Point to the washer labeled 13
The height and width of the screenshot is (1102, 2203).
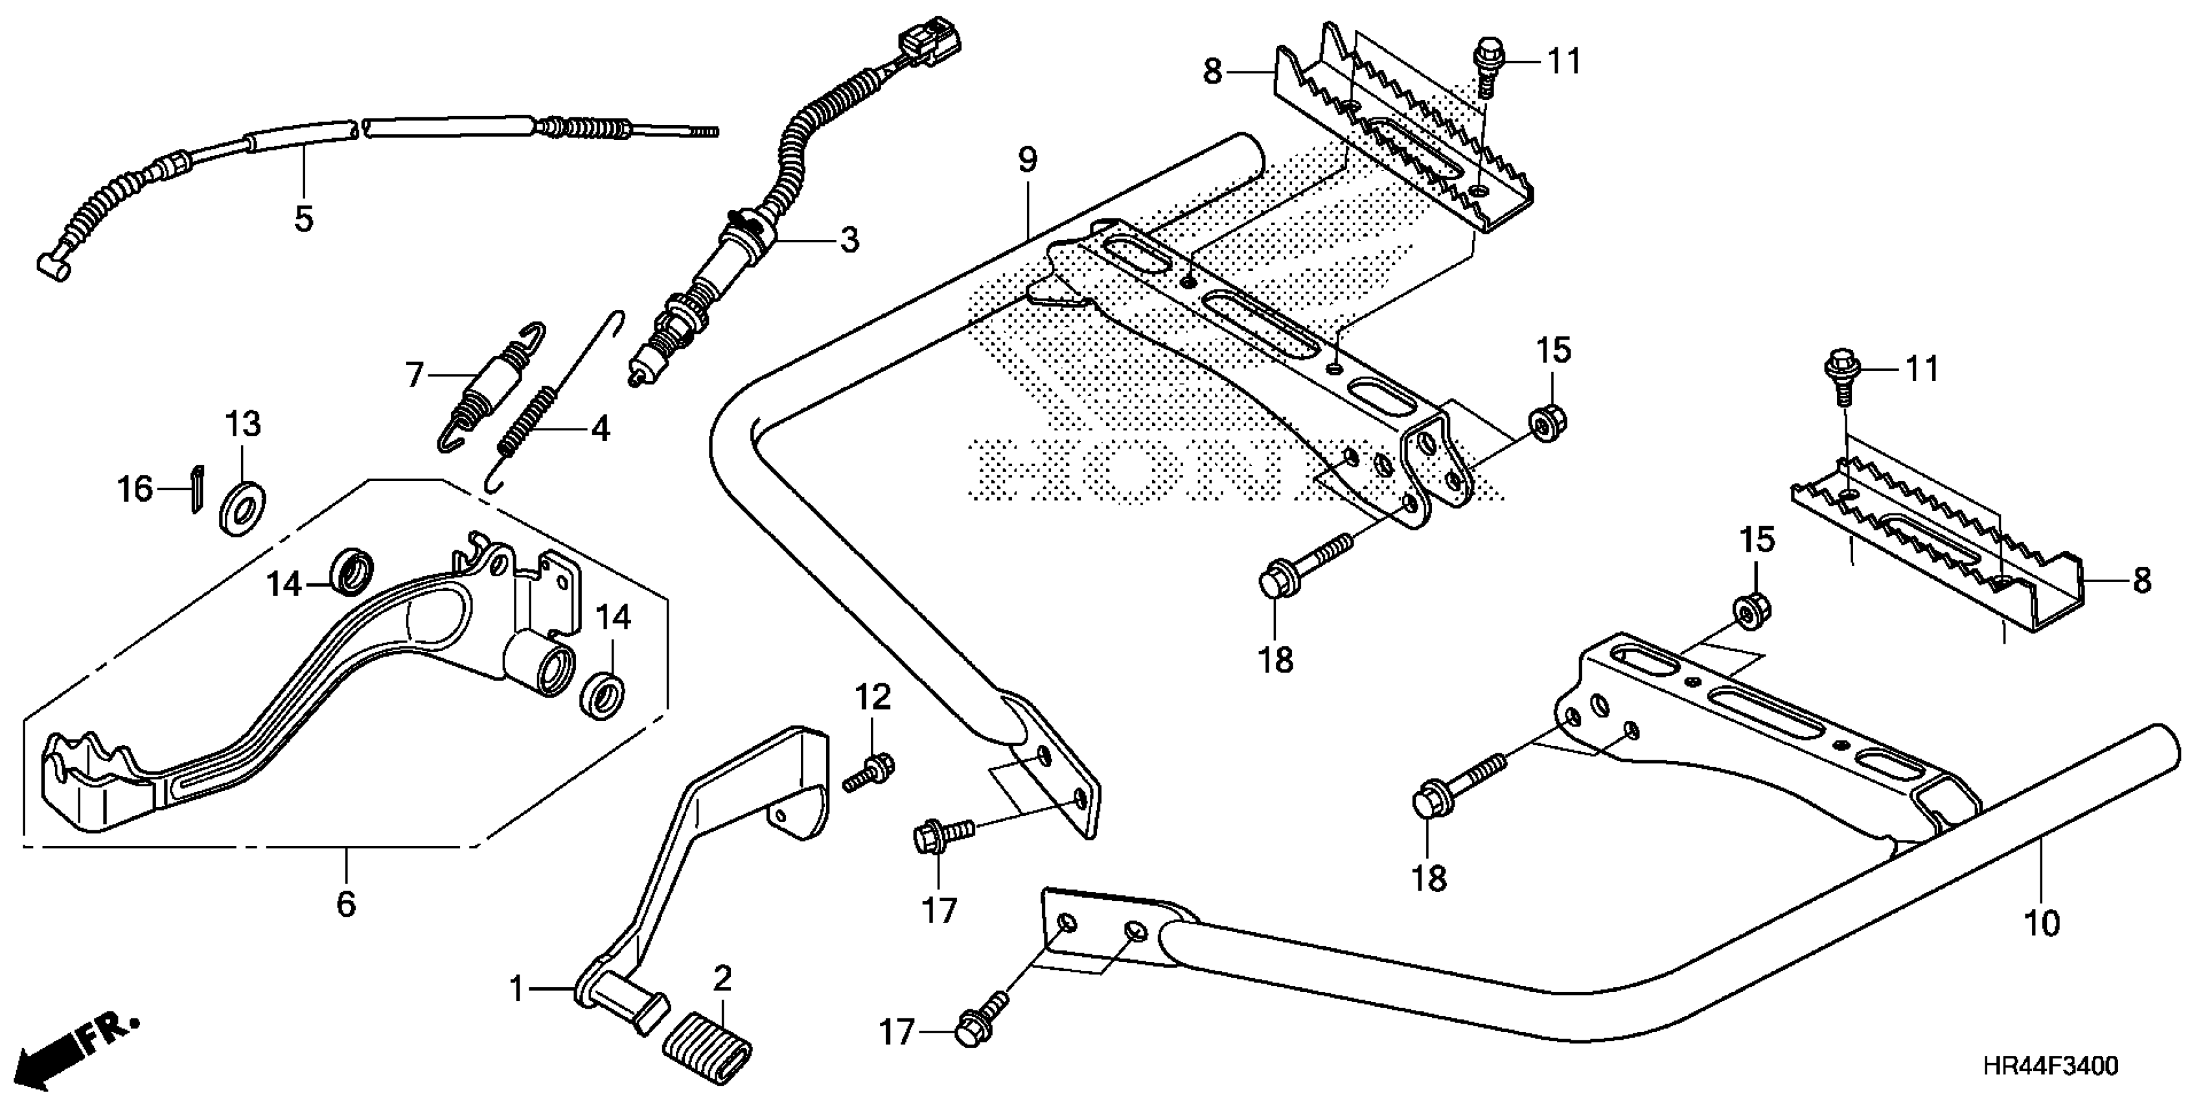point(243,510)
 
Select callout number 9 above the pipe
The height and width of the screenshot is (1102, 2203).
point(1027,160)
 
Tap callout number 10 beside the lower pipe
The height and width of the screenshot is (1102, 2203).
point(2042,923)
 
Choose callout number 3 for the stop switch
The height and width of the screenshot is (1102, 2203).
point(848,240)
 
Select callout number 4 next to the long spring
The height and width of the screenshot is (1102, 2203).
point(601,428)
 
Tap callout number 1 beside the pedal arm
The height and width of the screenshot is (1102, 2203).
point(516,990)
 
